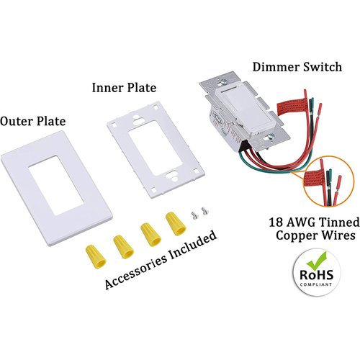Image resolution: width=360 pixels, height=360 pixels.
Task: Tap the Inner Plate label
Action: tap(123, 88)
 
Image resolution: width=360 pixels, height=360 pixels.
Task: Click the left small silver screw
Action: tap(194, 214)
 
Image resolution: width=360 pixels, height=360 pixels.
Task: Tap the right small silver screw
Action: tap(203, 212)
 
